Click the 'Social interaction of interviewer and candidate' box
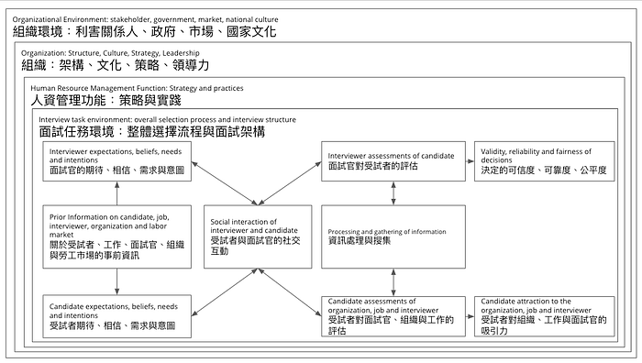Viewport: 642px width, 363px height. point(258,236)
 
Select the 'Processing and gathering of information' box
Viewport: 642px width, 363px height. point(393,236)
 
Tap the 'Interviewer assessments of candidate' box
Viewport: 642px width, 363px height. point(393,161)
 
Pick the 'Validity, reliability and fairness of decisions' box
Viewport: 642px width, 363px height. point(545,161)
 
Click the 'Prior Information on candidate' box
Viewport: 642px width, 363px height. point(117,236)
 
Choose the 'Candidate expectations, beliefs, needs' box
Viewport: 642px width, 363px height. point(117,316)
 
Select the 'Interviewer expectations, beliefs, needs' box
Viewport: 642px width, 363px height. point(117,161)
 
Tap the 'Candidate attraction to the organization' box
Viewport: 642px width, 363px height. point(545,316)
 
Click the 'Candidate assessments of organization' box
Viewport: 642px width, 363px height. point(393,316)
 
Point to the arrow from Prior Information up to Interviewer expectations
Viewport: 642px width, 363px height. point(117,193)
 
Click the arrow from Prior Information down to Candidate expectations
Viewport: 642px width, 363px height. point(117,281)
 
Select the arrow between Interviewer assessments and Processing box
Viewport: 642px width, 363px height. point(393,193)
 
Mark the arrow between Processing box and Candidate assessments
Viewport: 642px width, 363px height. point(393,282)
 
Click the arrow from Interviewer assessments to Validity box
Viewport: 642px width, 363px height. point(470,161)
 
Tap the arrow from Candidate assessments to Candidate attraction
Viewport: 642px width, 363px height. point(470,316)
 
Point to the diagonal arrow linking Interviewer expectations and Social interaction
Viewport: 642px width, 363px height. point(225,183)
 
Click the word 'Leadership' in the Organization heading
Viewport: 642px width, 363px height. point(181,53)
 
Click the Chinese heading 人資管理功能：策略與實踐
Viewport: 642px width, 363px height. point(105,100)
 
